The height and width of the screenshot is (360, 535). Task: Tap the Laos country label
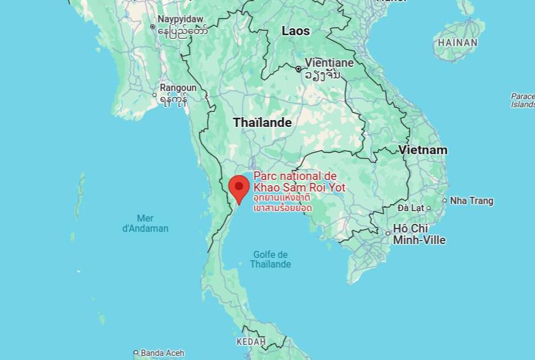point(296,31)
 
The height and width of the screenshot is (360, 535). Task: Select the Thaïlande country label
point(262,122)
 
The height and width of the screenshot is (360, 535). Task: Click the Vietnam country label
point(423,150)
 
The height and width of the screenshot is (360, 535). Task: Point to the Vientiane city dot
point(298,69)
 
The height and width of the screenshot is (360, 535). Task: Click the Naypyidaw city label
point(180,19)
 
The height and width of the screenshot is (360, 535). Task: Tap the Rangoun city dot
point(155,95)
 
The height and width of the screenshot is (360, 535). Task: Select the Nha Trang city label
point(472,201)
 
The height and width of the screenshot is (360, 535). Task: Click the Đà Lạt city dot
point(428,208)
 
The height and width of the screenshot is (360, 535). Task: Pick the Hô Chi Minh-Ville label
point(419,234)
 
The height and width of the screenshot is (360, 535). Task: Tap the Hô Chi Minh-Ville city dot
point(388,234)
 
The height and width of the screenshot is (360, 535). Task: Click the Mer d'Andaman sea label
point(145,223)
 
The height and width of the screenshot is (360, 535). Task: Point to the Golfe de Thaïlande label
point(270,260)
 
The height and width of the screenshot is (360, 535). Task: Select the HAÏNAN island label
point(458,42)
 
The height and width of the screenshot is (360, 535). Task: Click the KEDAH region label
point(251,342)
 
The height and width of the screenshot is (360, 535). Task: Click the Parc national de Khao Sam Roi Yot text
point(299,181)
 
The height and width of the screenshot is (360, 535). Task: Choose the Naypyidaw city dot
point(152,27)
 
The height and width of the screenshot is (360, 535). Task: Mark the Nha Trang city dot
point(444,201)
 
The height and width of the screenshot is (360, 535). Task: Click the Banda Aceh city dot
point(136,352)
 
